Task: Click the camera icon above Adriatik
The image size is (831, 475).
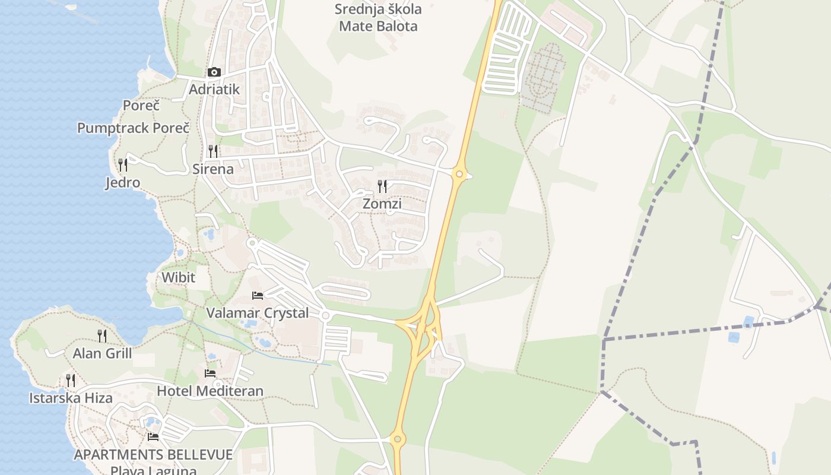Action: [x=214, y=72]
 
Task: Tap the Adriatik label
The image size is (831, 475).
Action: [x=214, y=90]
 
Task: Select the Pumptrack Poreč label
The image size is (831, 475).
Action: [x=133, y=128]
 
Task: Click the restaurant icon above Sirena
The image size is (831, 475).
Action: [x=213, y=151]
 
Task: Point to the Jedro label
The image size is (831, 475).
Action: [x=123, y=182]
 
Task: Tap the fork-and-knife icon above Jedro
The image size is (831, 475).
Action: [x=123, y=164]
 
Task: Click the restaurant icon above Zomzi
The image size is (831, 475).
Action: [x=382, y=186]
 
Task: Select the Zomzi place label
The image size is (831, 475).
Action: [x=382, y=204]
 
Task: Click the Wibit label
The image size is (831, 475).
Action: [x=178, y=277]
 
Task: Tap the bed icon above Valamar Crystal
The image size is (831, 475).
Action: [x=257, y=295]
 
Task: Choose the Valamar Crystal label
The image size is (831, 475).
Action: [x=257, y=313]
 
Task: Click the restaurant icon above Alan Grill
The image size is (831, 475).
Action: [x=102, y=336]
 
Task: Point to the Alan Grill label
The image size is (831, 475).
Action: [x=102, y=354]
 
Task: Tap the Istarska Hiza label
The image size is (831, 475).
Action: [x=71, y=398]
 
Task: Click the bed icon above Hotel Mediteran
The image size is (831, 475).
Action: [x=210, y=373]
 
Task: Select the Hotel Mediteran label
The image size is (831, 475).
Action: [x=210, y=391]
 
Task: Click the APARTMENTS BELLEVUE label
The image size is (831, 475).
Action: [x=153, y=455]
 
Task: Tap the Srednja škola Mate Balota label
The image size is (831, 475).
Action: [x=378, y=18]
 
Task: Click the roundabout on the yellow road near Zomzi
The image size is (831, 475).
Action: [x=458, y=174]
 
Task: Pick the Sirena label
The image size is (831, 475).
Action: [x=213, y=169]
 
